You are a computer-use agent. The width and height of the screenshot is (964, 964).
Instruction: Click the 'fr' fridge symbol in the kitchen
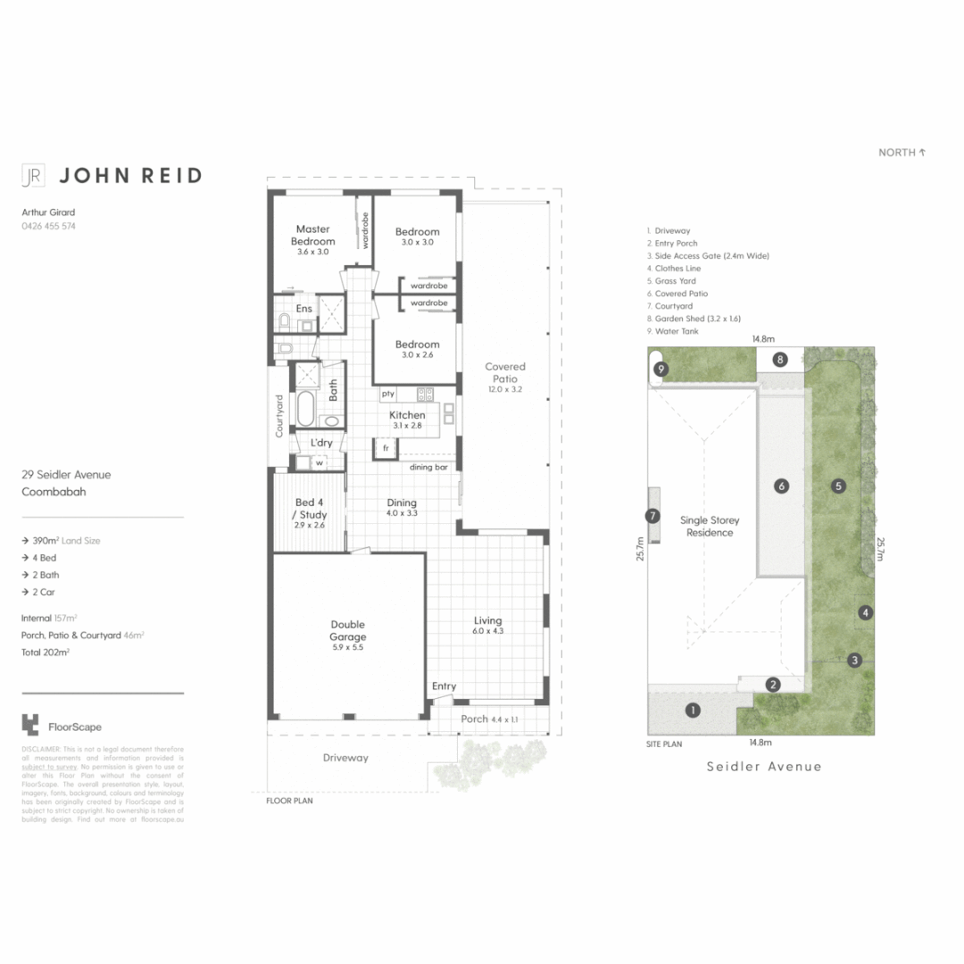click(x=386, y=448)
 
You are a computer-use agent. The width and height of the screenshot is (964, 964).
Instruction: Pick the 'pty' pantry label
click(x=387, y=394)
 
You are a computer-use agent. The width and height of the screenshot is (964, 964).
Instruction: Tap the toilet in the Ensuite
click(x=285, y=319)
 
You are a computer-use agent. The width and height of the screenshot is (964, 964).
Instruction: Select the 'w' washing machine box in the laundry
click(x=318, y=462)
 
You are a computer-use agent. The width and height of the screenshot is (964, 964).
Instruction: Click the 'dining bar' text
click(x=428, y=467)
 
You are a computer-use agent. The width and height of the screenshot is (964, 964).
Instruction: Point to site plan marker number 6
click(x=782, y=486)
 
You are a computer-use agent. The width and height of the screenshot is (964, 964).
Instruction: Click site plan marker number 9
click(x=661, y=369)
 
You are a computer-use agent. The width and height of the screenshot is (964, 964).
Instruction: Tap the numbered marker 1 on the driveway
click(x=691, y=711)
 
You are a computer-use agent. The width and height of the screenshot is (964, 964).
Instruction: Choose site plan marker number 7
click(x=652, y=515)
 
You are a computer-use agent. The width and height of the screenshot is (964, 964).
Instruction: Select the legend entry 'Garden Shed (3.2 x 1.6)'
click(x=697, y=319)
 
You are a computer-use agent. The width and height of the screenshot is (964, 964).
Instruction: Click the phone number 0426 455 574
click(x=48, y=227)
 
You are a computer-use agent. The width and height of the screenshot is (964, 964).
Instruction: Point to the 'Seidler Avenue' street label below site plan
click(x=763, y=767)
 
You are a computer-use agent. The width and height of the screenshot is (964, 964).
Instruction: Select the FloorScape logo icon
click(x=30, y=724)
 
